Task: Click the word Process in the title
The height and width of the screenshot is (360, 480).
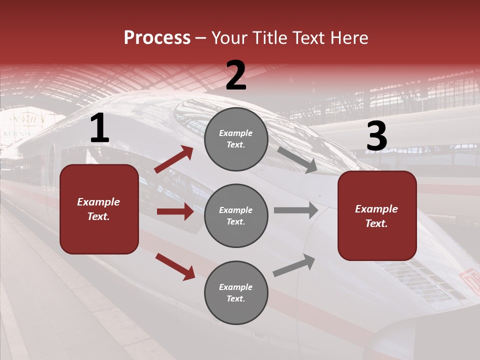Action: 157,38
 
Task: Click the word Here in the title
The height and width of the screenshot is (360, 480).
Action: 348,38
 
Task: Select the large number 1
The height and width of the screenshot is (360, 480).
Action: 99,128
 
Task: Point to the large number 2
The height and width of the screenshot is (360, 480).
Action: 236,75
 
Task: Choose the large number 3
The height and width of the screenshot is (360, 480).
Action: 376,136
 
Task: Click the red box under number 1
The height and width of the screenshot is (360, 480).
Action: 99,209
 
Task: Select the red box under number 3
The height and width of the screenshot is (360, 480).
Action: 377,215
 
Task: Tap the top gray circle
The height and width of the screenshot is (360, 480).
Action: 236,139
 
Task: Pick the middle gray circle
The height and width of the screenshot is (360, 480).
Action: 236,215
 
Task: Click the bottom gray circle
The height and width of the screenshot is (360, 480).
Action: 236,292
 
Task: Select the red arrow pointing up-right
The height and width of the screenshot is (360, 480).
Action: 174,159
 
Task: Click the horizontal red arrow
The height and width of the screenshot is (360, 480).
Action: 175,211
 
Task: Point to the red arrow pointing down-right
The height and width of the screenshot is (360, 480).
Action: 175,266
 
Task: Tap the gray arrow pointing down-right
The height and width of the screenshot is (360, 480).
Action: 297,160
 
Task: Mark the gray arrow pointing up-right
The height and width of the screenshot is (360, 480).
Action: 294,265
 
